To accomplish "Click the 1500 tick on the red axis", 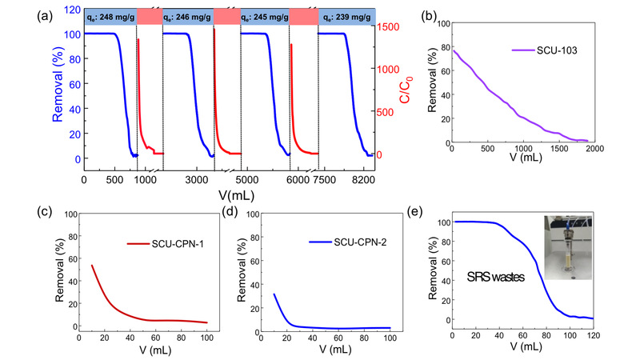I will pyautogui.click(x=392, y=27).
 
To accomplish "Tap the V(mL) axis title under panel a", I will pyautogui.click(x=231, y=194).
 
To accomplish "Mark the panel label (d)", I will pyautogui.click(x=236, y=212).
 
